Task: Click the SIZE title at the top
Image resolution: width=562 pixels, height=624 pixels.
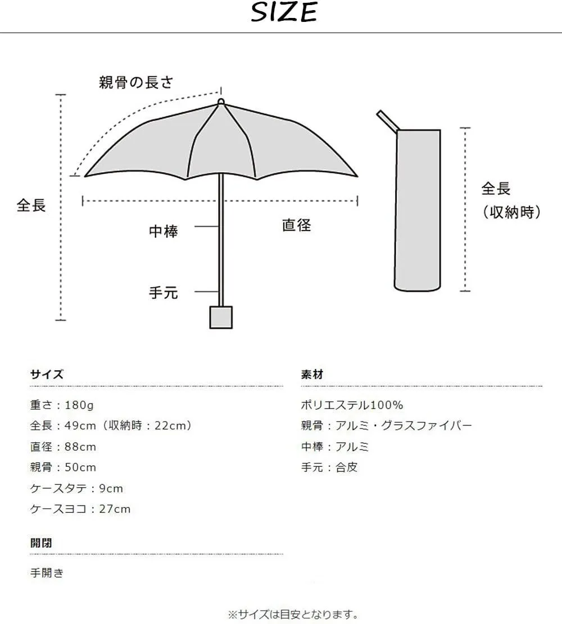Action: [x=284, y=12]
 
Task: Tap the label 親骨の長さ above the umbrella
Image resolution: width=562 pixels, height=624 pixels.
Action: [x=137, y=82]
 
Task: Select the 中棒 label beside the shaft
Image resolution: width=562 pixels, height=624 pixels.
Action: [x=164, y=231]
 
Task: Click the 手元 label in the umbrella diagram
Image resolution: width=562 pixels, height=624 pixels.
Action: [x=164, y=293]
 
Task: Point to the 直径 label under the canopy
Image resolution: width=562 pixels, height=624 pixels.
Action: [x=297, y=225]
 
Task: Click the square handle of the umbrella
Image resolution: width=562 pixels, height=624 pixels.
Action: [x=221, y=317]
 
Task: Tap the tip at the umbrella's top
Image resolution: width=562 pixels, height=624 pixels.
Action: [x=221, y=102]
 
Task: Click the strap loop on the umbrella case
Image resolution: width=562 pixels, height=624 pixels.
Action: [x=388, y=121]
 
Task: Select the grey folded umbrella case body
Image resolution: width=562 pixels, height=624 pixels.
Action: [x=418, y=210]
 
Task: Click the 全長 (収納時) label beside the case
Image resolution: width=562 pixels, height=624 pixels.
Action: [x=511, y=200]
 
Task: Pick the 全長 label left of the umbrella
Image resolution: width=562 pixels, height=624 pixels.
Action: [x=31, y=205]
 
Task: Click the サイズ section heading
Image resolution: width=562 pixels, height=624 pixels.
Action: [x=47, y=374]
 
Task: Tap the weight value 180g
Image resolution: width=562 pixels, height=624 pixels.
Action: [x=79, y=405]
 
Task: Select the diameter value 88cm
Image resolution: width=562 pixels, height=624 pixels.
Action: [x=80, y=447]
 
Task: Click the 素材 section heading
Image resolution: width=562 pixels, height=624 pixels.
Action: [x=312, y=374]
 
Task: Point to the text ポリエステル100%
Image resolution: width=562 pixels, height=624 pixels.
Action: [x=352, y=405]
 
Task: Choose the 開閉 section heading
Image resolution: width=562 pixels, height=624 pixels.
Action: [x=41, y=543]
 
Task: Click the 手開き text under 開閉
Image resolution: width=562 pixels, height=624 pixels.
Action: [x=47, y=573]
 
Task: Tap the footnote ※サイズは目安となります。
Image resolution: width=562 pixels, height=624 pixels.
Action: [x=293, y=614]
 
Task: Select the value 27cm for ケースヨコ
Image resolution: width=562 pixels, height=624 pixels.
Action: [x=115, y=508]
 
